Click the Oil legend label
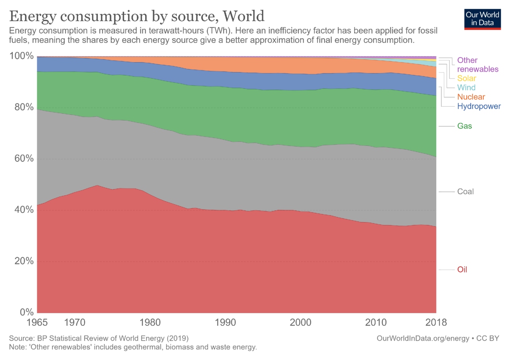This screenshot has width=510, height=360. pos(462,270)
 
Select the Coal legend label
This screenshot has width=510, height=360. pos(465,192)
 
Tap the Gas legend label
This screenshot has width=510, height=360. pos(464,126)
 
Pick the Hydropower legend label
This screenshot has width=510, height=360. pos(479,106)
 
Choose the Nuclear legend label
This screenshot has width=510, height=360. pos(471,97)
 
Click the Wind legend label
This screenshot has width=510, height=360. pos(466,88)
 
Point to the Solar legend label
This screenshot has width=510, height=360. pos(467,78)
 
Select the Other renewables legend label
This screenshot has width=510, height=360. pos(478,65)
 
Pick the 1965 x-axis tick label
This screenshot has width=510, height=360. pos(37,322)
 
